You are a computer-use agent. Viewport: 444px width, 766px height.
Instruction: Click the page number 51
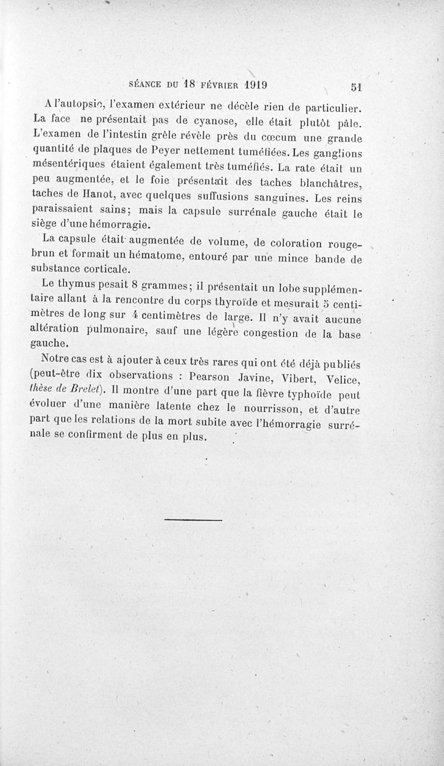click(356, 87)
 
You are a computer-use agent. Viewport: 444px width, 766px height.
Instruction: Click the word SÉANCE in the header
click(146, 84)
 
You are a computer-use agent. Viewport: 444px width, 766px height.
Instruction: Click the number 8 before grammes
click(134, 286)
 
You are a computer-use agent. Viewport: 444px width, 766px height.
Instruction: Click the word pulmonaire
click(121, 332)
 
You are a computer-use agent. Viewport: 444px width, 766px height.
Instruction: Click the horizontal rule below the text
click(193, 520)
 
